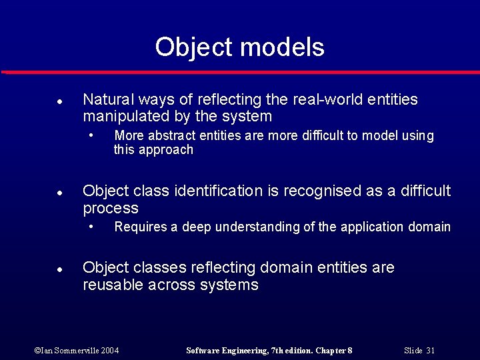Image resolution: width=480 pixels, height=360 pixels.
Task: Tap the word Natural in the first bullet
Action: [x=109, y=100]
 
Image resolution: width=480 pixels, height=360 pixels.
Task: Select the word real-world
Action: [x=325, y=100]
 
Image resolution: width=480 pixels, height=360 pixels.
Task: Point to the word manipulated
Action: [x=124, y=117]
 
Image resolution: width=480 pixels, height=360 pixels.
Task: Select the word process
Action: [x=111, y=209]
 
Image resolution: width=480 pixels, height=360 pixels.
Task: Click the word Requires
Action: [x=140, y=227]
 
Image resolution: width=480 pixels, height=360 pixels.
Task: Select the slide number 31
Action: [x=430, y=351]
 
